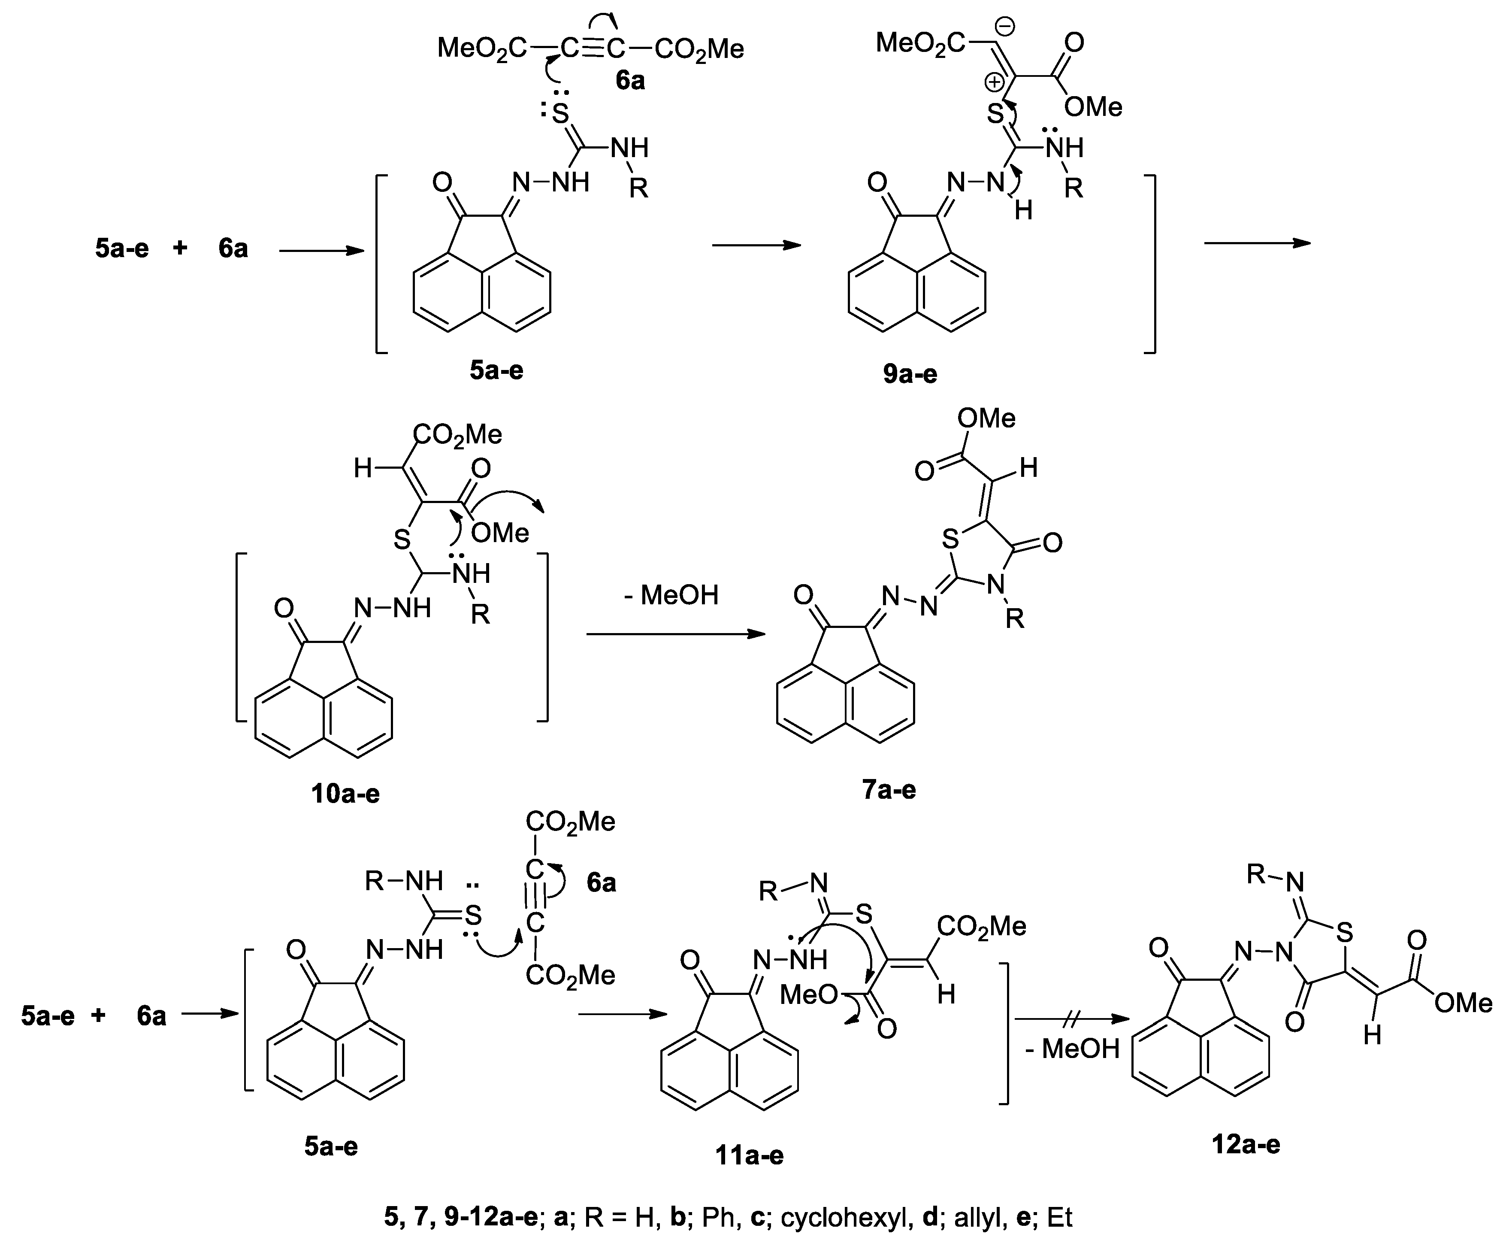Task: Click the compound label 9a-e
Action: coord(910,374)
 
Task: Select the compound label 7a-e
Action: coord(889,790)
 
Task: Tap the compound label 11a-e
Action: coord(749,1155)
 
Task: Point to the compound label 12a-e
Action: coord(1245,1144)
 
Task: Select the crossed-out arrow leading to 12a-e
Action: coord(1068,1019)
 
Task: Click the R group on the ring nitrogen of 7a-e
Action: coord(1014,619)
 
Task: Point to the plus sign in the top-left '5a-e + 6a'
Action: coord(180,248)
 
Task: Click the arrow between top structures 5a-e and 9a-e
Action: coord(756,245)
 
